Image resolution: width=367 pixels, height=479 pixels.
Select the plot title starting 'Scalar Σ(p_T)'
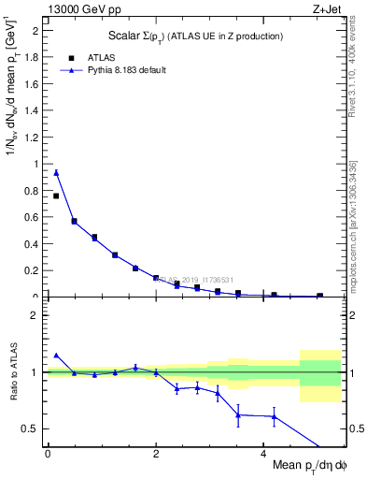tap(194, 36)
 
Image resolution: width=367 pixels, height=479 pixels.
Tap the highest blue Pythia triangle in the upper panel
tap(56, 172)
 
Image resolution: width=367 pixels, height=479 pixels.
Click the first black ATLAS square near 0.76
tap(56, 196)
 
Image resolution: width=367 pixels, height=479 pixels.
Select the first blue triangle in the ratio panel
tap(56, 356)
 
